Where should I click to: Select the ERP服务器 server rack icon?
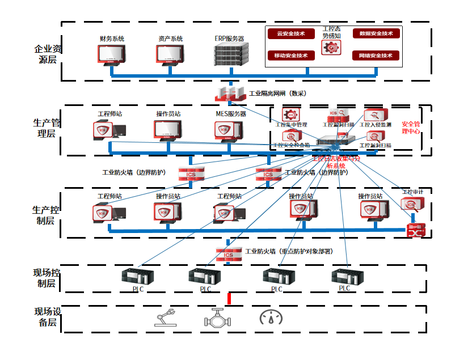point(230,53)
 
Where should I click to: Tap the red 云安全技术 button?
point(291,33)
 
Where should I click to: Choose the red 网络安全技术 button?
point(376,56)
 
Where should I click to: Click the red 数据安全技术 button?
point(376,33)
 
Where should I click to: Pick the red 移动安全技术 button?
point(291,56)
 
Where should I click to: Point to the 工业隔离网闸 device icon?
point(231,94)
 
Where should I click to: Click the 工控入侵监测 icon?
point(375,116)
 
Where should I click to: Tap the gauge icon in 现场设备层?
point(271,317)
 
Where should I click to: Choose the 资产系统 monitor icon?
point(167,53)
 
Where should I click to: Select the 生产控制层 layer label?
point(45,215)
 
